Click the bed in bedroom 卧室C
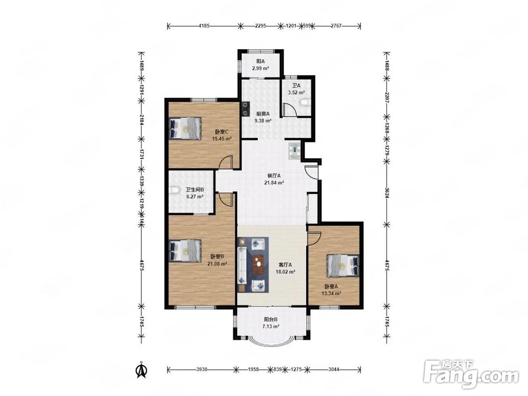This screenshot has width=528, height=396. pos(185,128)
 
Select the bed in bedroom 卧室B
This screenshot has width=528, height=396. pos(185,251)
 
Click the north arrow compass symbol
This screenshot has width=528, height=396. pos(142,370)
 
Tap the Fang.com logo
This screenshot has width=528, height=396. pos(471,374)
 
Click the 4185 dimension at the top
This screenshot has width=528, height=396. pos(204,25)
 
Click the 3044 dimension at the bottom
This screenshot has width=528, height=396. pos(334,370)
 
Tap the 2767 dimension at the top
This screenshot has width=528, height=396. pos(336,25)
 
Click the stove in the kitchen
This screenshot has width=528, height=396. pos(246,109)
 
